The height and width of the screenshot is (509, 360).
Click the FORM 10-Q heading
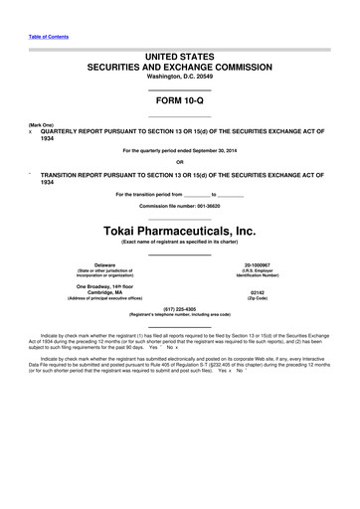[179, 100]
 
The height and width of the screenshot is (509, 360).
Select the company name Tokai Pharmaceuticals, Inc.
[179, 232]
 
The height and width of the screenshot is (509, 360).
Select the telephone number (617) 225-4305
[179, 307]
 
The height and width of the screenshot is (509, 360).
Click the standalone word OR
[179, 162]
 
